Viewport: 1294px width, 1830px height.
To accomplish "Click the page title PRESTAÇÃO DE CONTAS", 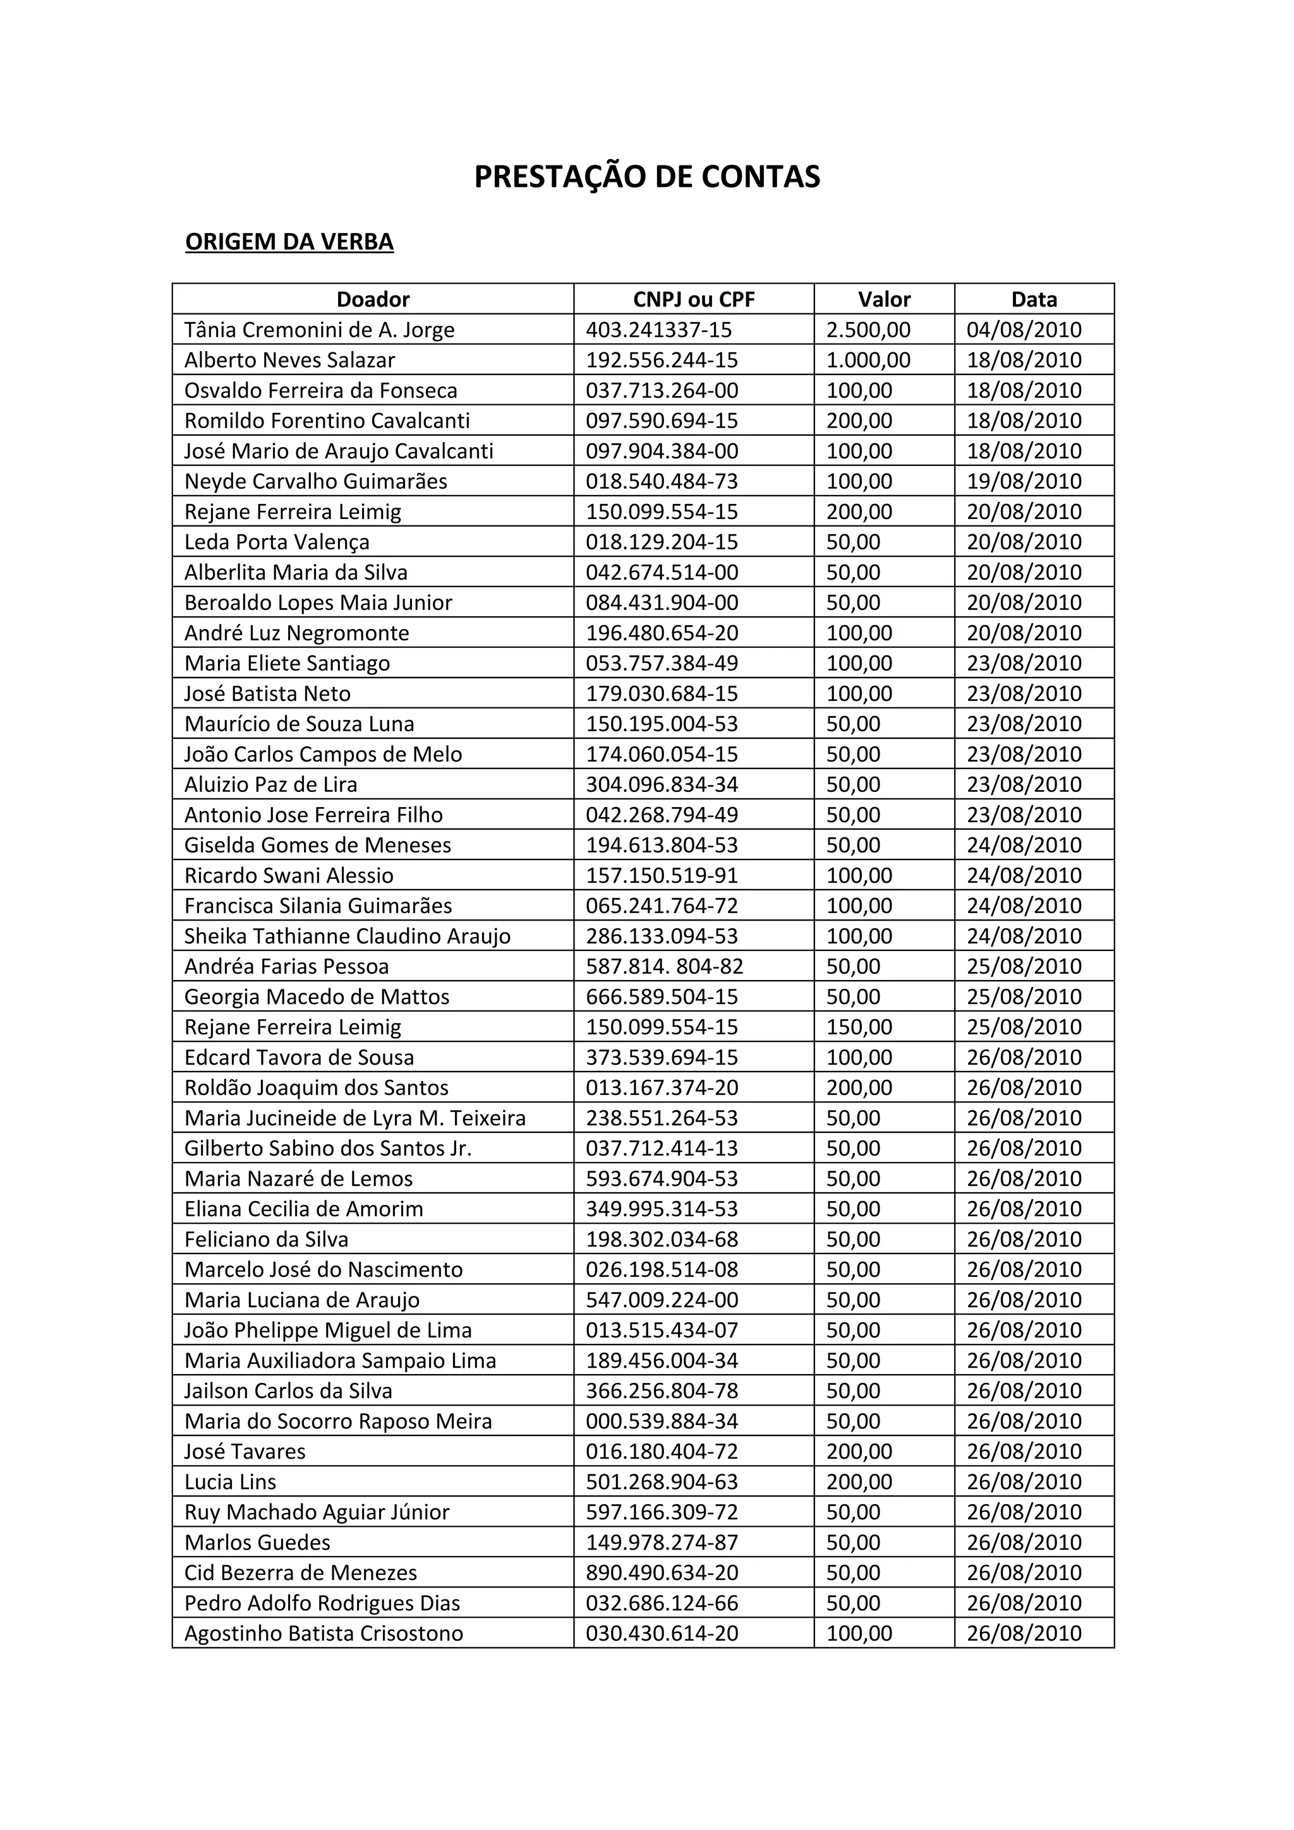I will pos(646,177).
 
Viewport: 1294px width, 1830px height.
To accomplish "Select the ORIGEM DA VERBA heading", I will pos(289,241).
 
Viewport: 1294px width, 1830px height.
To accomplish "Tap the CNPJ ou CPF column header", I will pos(693,300).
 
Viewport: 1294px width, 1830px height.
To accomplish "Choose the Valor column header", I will pos(883,300).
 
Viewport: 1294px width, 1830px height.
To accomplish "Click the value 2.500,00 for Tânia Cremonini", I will pos(868,330).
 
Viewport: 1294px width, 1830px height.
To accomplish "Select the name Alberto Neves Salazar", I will pos(289,361).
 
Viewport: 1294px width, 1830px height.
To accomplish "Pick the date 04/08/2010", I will pos(1024,330).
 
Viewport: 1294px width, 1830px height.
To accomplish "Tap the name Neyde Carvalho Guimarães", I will pos(316,481).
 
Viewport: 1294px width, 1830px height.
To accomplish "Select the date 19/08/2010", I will pos(1024,481).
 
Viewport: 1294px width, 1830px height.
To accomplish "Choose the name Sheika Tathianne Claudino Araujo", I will pos(347,936).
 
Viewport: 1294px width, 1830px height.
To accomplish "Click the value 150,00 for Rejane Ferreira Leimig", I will pos(859,1027).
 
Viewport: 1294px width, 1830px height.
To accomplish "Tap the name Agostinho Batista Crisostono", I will pos(323,1633).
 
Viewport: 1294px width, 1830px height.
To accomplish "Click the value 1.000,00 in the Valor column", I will pos(868,361).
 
